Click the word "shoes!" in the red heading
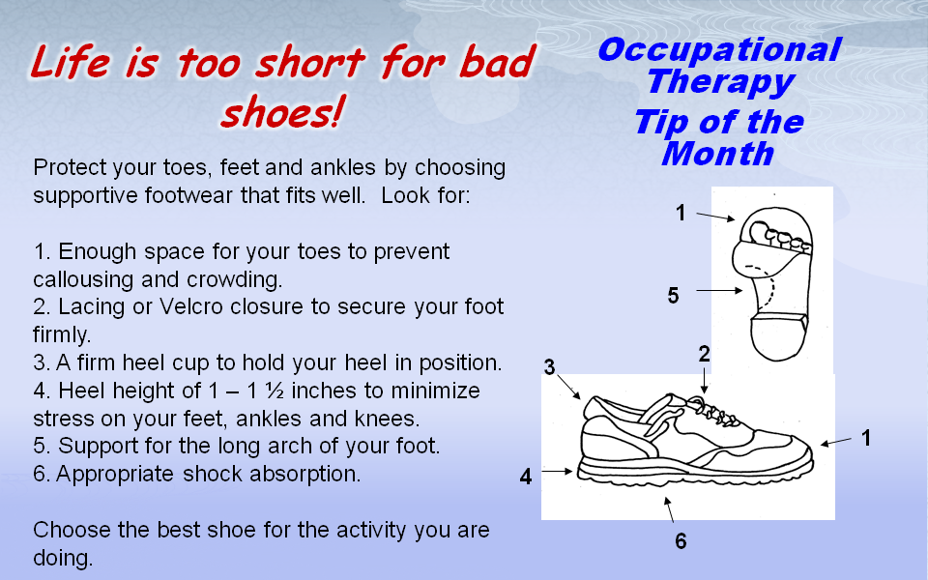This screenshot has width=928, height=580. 281,112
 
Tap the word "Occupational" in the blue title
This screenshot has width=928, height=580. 719,49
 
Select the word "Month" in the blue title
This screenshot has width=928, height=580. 718,154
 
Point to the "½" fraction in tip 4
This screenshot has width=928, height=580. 275,391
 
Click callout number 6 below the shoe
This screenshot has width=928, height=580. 681,541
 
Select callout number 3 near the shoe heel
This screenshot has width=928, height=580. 549,367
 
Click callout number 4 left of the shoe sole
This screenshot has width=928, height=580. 526,477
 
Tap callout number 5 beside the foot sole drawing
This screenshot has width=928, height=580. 673,296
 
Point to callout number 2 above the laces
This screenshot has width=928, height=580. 704,354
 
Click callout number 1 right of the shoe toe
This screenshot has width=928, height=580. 866,438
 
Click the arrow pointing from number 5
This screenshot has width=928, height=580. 719,291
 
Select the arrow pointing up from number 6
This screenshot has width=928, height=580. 669,510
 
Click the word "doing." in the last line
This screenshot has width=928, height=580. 63,558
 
